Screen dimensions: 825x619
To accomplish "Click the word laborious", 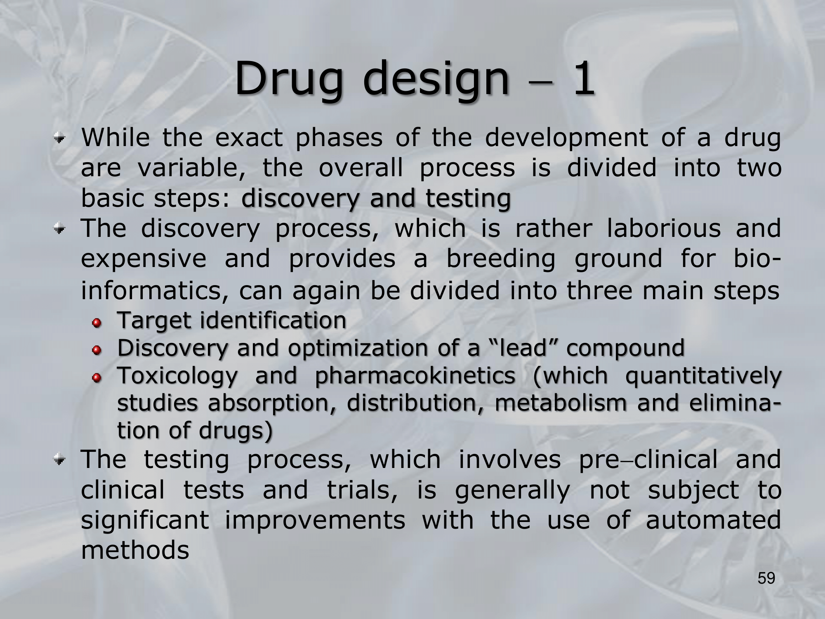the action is tap(664, 228).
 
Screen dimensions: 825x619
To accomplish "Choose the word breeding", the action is tap(501, 259).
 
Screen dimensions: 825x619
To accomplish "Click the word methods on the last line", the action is tap(135, 550).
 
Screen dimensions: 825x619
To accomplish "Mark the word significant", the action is tap(146, 520).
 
